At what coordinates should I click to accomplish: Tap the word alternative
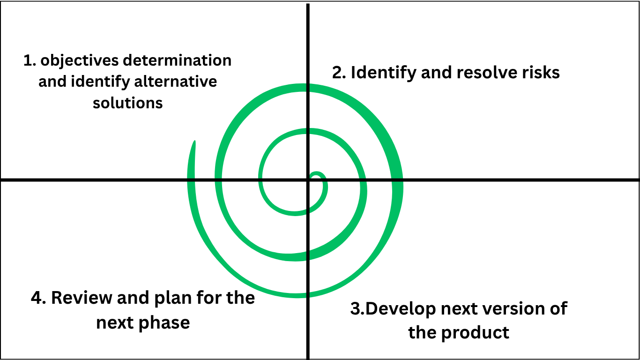(176, 82)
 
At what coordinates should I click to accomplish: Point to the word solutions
(127, 103)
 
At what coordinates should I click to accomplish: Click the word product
(476, 332)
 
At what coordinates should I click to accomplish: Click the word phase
(166, 322)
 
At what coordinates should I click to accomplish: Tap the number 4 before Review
(37, 298)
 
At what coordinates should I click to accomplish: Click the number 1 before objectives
(27, 61)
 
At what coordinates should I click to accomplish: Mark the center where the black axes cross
(308, 180)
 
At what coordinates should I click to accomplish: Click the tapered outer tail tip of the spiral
(194, 142)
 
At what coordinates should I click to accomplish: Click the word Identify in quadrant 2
(382, 73)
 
